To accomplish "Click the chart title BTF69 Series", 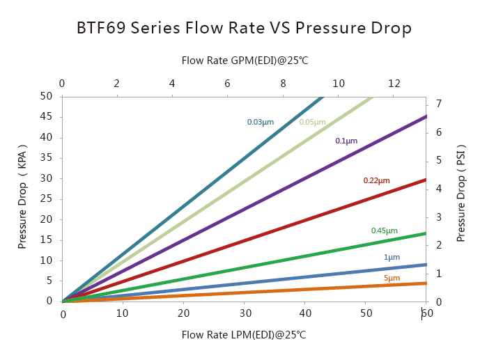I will (x=244, y=29).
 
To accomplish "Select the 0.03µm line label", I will (x=261, y=123).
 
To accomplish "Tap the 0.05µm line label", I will (x=312, y=123).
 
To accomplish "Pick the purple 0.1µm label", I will (x=346, y=141).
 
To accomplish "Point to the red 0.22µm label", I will (x=376, y=181).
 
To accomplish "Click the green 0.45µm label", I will (x=385, y=231).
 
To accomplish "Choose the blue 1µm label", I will (x=392, y=258).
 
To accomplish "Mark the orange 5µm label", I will (x=392, y=279).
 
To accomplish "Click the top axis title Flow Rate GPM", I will (x=245, y=61).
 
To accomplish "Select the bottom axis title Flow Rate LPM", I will (x=244, y=335).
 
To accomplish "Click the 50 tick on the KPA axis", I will (x=47, y=96).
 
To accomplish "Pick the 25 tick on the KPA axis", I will (x=47, y=198).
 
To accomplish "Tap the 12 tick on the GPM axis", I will (x=394, y=84).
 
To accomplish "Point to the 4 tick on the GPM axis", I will (x=172, y=84).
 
